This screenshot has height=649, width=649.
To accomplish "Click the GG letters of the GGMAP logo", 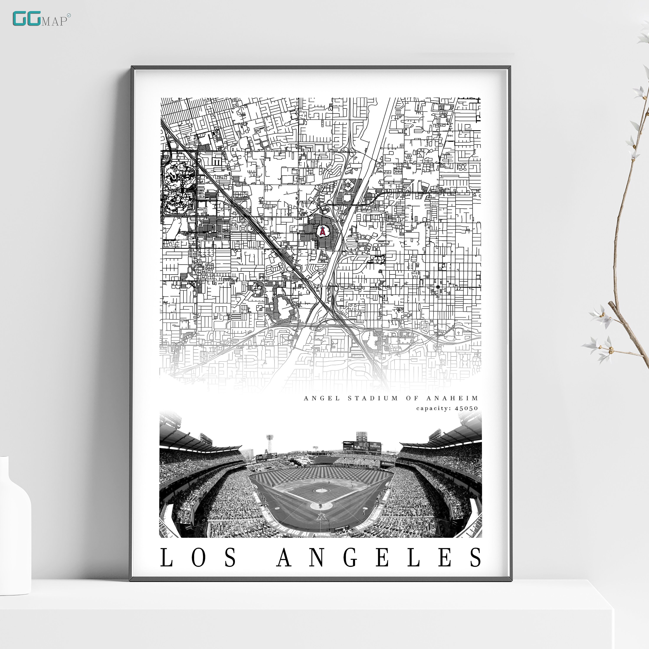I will (26, 19).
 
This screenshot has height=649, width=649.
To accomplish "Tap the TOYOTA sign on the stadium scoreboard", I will (375, 446).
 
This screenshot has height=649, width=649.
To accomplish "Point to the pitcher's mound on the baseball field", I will (321, 490).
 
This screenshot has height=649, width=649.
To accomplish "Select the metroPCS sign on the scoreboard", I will (348, 443).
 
